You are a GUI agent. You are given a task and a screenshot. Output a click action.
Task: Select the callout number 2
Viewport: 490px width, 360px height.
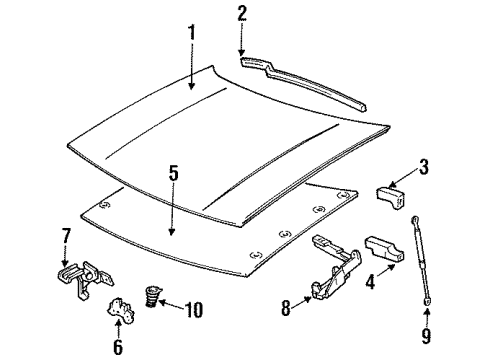coord(241,13)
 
